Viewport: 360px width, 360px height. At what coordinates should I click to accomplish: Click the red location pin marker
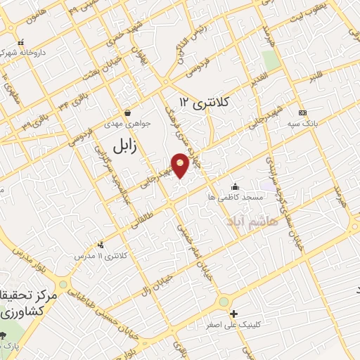point(181,164)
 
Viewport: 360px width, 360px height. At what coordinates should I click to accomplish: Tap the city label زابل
point(124,145)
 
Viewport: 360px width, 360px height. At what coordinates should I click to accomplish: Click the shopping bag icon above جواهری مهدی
point(127,112)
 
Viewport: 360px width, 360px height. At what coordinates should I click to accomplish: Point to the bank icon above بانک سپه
point(302,112)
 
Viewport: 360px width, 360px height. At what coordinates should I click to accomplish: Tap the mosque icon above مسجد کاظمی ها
point(235,186)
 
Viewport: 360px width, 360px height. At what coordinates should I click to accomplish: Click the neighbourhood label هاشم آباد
point(253,221)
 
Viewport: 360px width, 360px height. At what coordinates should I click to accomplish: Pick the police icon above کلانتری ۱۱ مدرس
point(102,245)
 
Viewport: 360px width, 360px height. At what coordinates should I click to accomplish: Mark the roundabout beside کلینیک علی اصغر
point(224,302)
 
